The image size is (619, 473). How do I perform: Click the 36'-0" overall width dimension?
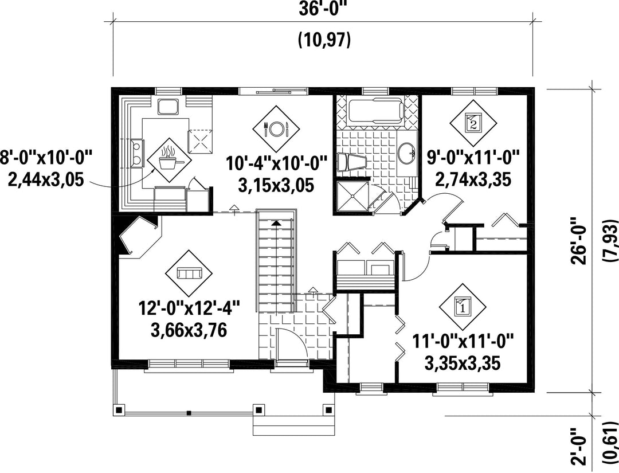pos(323,9)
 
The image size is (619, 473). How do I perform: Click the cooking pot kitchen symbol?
pos(169,159)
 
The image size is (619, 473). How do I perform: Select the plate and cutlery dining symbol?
pos(276,127)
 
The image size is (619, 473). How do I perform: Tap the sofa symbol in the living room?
pos(189,273)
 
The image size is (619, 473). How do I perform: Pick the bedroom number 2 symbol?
pos(473,122)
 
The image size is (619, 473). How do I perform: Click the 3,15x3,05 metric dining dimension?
pos(276,185)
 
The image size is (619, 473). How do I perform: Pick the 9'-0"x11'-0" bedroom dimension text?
pos(473,159)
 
